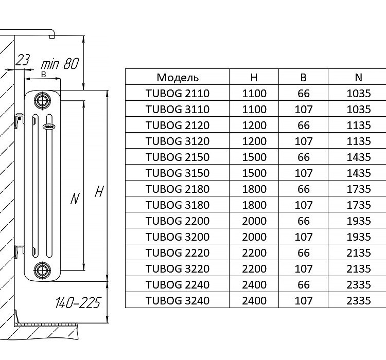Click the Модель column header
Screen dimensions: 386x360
(178, 78)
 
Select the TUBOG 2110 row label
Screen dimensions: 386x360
(178, 94)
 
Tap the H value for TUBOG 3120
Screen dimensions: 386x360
(254, 141)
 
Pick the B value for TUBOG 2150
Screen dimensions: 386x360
(304, 157)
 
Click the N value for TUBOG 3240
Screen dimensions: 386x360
(359, 301)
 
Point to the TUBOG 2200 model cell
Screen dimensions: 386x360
(178, 221)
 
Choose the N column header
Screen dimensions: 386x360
(359, 78)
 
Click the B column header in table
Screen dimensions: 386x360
(304, 78)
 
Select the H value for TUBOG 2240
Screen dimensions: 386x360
(254, 285)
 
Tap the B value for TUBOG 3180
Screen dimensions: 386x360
(304, 205)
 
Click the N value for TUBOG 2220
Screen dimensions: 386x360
(359, 253)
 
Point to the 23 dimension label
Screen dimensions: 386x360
(22, 60)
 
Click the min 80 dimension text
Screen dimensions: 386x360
(60, 63)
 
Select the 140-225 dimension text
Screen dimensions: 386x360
(78, 302)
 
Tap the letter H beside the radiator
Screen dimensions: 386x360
(99, 191)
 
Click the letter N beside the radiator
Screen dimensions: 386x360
(75, 199)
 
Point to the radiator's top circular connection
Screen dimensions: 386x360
(42, 100)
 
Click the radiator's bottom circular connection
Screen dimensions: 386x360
(42, 269)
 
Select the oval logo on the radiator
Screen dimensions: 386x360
(49, 127)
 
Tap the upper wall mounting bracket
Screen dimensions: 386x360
(19, 120)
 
